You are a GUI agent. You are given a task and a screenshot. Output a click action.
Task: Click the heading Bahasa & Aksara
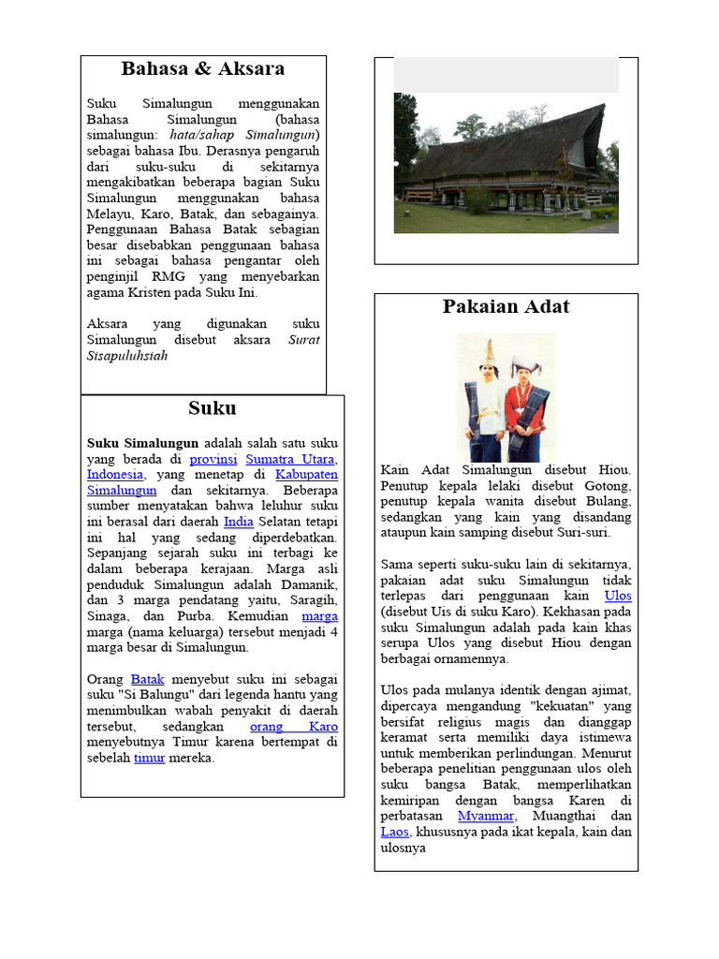click(x=203, y=69)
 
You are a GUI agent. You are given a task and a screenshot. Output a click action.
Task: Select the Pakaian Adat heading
click(x=506, y=307)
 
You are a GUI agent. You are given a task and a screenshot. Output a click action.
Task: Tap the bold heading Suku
click(x=212, y=408)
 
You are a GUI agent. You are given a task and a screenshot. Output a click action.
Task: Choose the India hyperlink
click(x=239, y=522)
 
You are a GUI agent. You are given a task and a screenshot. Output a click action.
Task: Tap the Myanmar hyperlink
click(x=485, y=817)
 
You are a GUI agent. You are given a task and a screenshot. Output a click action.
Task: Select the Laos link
click(x=394, y=832)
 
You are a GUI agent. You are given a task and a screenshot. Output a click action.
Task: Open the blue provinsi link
click(x=213, y=459)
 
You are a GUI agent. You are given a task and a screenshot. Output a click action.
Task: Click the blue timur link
click(x=149, y=758)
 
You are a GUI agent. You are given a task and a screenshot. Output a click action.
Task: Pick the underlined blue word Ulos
click(x=618, y=596)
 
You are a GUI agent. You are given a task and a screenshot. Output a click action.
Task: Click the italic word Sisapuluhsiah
click(x=127, y=356)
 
